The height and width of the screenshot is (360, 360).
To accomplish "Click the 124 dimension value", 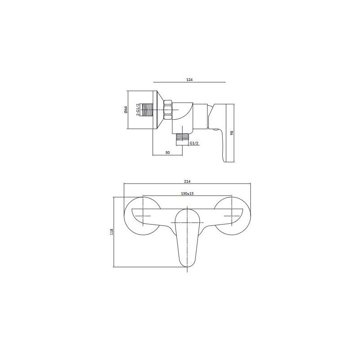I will pos(189,79).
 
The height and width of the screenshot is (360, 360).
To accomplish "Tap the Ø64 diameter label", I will pos(126,109).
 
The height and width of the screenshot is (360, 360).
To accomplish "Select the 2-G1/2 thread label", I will pos(137,109).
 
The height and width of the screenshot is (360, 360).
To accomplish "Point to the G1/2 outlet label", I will pos(194,143).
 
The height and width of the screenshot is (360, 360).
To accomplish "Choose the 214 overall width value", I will pos(187,181).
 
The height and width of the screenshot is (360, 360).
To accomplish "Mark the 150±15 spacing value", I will pos(187,193).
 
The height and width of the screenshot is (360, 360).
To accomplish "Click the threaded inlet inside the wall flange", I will pos(147,110).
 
